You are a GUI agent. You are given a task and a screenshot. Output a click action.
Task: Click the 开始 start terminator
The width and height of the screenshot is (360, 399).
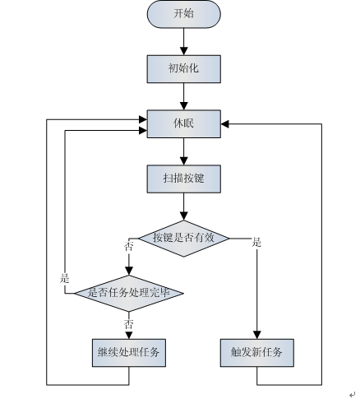[184, 14]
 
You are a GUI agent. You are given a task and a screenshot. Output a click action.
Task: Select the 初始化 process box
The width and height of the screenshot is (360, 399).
[184, 69]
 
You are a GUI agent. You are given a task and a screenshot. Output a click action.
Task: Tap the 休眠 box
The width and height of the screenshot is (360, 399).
[184, 123]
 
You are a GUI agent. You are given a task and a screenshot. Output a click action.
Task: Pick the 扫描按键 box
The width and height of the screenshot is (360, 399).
[184, 179]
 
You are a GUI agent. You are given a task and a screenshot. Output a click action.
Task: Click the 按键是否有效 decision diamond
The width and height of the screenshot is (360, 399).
[184, 239]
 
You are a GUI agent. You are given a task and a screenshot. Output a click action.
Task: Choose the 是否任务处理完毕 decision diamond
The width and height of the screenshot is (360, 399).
[129, 293]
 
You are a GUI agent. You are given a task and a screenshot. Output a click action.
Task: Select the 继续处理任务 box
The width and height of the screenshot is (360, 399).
[129, 353]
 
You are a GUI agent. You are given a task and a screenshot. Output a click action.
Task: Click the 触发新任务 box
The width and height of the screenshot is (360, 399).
[257, 353]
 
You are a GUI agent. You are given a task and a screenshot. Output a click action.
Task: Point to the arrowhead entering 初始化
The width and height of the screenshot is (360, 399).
[184, 51]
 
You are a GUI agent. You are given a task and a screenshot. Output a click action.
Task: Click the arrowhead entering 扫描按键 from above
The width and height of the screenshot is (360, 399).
[184, 161]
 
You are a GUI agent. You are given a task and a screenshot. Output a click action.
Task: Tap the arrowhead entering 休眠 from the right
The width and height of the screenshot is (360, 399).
[225, 124]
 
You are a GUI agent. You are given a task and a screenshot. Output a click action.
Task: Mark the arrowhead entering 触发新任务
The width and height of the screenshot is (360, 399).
[257, 335]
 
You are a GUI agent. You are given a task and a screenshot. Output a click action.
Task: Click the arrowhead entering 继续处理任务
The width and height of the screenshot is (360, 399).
[129, 336]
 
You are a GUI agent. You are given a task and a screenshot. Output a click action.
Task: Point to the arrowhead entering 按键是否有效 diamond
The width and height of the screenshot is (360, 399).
[184, 216]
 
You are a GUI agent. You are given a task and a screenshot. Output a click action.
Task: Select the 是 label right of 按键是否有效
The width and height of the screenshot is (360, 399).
[256, 243]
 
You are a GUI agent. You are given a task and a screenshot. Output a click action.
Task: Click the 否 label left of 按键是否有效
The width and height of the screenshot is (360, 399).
[128, 246]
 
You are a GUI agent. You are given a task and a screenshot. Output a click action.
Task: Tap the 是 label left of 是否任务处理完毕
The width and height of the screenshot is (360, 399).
[65, 278]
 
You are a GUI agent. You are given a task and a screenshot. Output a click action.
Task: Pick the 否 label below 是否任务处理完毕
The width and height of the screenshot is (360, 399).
[128, 325]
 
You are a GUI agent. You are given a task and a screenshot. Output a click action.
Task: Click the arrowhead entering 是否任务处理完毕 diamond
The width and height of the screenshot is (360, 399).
[129, 271]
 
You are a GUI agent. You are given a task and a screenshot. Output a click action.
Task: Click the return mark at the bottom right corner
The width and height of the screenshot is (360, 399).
[353, 394]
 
